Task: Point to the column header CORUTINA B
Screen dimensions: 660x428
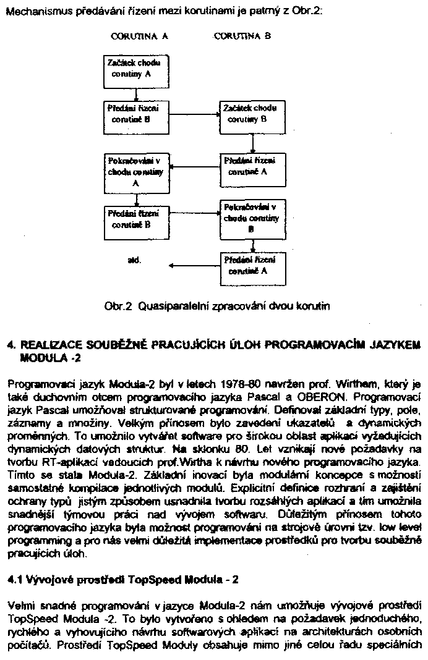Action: pyautogui.click(x=242, y=36)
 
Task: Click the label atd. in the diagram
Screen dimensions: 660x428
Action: pyautogui.click(x=134, y=261)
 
